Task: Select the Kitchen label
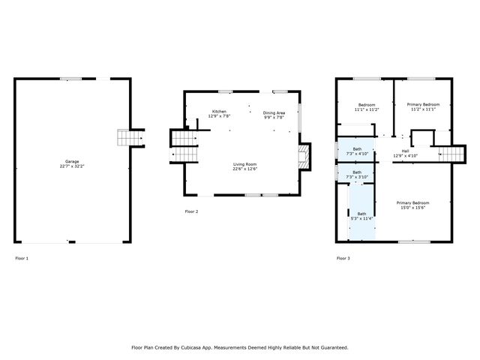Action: pos(219,112)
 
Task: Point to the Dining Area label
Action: pos(274,112)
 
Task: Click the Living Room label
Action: pos(244,163)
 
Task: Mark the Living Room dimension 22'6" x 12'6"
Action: pos(244,169)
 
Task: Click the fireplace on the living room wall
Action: pos(302,157)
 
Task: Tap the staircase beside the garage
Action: pos(130,138)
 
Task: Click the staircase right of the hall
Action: pos(452,153)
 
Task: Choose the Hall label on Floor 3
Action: pos(405,151)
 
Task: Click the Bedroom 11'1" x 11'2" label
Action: pos(367,105)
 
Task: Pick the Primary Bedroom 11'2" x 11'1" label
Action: pos(423,104)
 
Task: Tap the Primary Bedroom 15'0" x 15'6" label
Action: pos(412,203)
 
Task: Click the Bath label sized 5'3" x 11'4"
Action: pos(361,214)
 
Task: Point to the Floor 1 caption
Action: pos(22,258)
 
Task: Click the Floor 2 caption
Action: pos(191,212)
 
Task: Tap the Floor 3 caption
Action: pos(343,258)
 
